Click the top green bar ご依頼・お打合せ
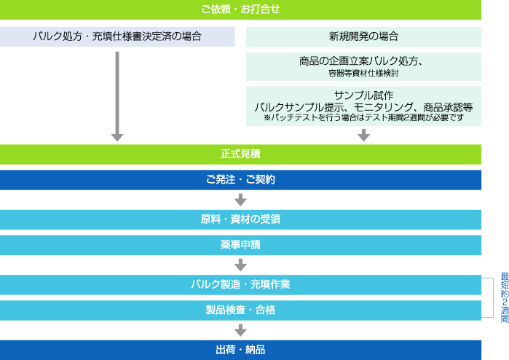[x=240, y=9]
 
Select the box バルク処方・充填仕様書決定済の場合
[x=117, y=36]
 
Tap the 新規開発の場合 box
[x=363, y=36]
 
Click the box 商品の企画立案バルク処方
[x=363, y=61]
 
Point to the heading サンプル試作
[x=363, y=95]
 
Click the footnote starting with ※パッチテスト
[x=363, y=117]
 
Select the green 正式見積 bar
[x=240, y=154]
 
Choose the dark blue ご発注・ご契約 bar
[x=240, y=179]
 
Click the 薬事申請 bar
[x=240, y=245]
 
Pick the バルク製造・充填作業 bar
[x=240, y=284]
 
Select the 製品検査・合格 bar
[x=240, y=310]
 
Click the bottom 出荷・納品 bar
[x=240, y=350]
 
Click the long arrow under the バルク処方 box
[x=117, y=95]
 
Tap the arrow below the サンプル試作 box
[x=363, y=135]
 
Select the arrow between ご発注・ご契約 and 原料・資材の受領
[x=241, y=199]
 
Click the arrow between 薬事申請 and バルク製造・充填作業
[x=241, y=265]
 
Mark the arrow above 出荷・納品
[x=241, y=330]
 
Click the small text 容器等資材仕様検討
[x=363, y=73]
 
